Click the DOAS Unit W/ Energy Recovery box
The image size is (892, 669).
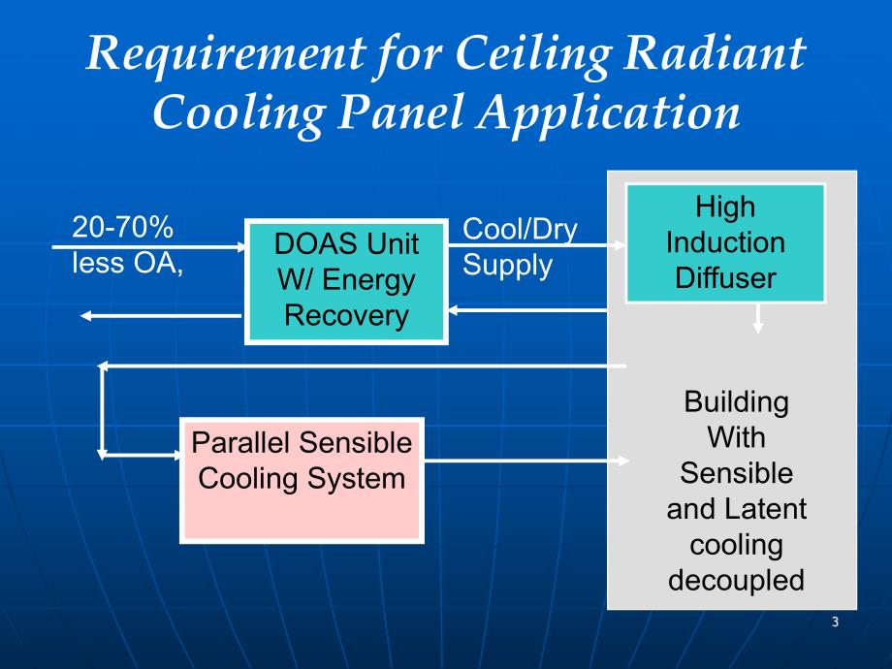coord(347,280)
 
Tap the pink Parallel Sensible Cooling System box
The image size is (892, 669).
coord(302,480)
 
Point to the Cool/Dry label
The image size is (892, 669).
coord(520,229)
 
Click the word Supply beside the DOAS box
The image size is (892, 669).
coord(507,265)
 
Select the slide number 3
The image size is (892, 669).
coord(835,621)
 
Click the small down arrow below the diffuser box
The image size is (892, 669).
coord(758,320)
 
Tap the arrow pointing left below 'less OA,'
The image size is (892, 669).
coord(161,315)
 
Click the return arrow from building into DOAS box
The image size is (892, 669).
coord(528,311)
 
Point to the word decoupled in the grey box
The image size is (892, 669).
coord(736,580)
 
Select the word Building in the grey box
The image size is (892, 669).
coord(736,401)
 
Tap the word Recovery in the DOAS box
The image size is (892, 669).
coord(346,315)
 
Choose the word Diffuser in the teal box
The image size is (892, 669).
coord(724,278)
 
